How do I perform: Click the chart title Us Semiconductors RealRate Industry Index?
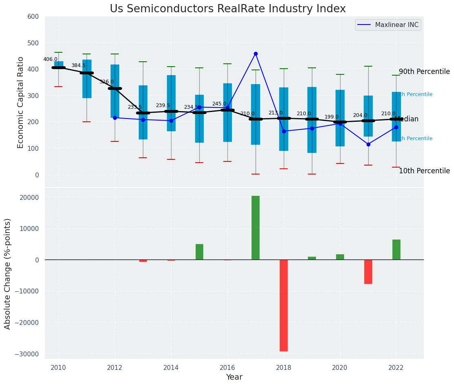click(227, 9)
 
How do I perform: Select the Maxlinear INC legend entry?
click(388, 25)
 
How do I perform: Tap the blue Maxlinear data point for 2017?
click(256, 54)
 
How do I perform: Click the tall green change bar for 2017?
click(256, 228)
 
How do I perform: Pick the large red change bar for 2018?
click(284, 305)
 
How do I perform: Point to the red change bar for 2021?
click(368, 272)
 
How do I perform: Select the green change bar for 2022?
click(396, 250)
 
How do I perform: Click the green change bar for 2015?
click(199, 252)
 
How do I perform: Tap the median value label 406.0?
click(51, 59)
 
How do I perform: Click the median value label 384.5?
click(78, 65)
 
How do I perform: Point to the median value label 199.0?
click(332, 117)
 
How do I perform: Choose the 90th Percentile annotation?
click(424, 72)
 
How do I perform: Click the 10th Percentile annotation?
click(424, 171)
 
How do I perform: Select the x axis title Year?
click(234, 377)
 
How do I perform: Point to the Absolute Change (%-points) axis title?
click(8, 273)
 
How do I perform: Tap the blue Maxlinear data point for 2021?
click(368, 144)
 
